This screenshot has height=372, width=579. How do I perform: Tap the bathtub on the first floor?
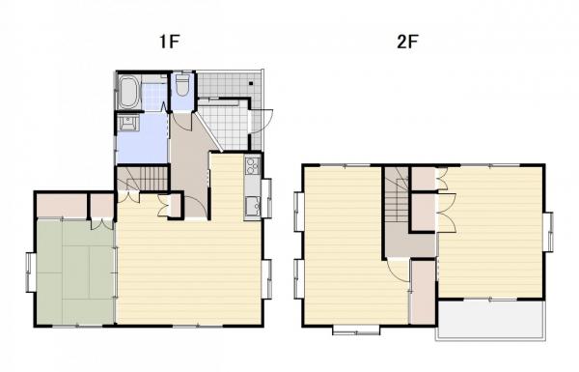(x=129, y=94)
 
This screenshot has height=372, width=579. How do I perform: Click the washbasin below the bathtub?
(x=126, y=124)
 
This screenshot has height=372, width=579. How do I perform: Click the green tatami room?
(x=74, y=271)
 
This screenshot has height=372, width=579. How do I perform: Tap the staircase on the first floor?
(x=142, y=179)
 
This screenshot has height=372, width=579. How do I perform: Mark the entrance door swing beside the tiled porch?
(x=260, y=121)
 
